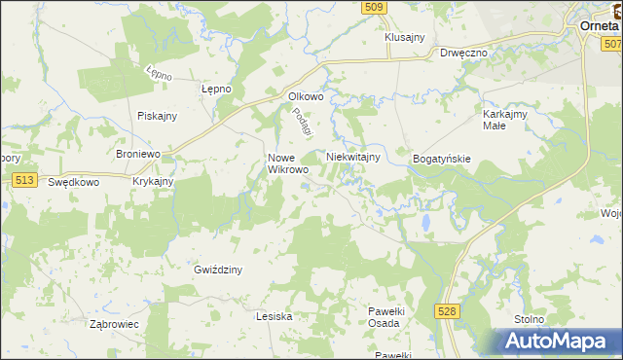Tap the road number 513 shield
click(x=25, y=180)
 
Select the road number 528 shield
click(x=447, y=310)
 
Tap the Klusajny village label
click(x=405, y=37)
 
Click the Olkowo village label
click(x=305, y=96)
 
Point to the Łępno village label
click(x=215, y=89)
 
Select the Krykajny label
click(x=153, y=181)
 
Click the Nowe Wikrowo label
click(x=288, y=162)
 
